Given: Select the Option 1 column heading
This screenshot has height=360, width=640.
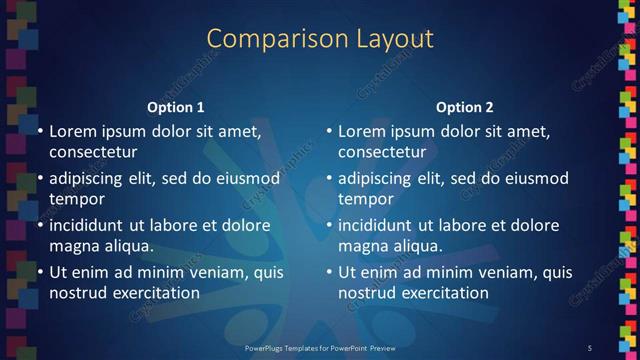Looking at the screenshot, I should coord(176,107).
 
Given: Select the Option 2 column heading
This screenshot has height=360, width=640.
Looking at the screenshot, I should coord(465,107).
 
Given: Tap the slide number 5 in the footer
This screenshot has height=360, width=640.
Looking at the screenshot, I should coord(590,347).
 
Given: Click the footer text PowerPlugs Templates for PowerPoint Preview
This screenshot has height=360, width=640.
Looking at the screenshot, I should coord(321,347).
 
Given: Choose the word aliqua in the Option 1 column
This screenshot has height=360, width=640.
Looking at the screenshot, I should coord(126,246).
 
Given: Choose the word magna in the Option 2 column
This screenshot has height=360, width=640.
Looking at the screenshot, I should coord(362,246).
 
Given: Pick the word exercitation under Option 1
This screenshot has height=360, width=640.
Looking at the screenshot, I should coord(156,293).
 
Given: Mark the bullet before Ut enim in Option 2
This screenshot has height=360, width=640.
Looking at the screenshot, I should coord(329,272).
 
